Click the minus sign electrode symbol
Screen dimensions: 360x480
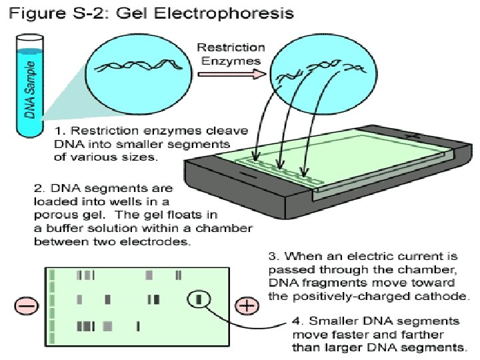(27, 306)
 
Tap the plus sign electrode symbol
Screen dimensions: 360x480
(247, 306)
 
